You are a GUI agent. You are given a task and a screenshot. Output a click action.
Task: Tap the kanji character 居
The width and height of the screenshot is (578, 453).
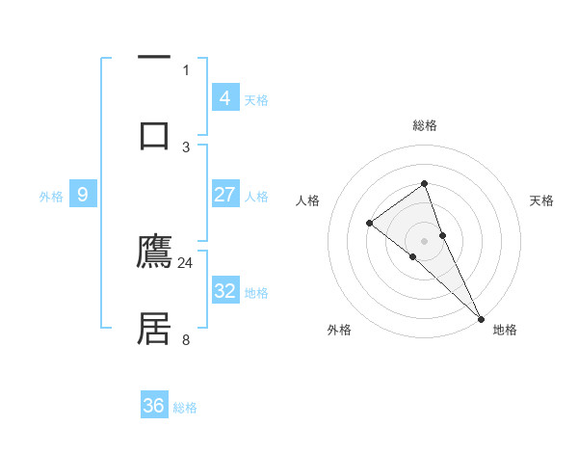155,329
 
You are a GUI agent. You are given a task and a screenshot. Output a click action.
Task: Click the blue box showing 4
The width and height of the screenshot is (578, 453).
224,97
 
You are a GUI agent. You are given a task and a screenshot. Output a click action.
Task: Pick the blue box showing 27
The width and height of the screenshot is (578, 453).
224,195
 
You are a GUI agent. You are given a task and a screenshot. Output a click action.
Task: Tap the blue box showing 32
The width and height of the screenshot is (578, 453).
224,290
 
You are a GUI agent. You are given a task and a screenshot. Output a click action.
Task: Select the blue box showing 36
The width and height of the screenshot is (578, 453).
154,406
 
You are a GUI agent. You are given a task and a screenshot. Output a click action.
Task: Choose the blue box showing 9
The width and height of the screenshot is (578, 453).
83,195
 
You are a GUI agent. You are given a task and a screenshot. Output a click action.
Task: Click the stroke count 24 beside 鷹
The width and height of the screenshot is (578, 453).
186,262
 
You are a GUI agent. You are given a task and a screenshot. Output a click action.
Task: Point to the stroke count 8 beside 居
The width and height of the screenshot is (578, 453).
186,339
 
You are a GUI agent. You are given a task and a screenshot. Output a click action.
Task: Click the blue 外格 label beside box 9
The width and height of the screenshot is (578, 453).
51,196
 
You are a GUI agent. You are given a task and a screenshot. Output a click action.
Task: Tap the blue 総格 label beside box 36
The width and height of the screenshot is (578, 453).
185,408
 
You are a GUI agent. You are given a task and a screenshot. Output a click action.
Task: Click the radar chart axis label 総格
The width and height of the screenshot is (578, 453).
424,125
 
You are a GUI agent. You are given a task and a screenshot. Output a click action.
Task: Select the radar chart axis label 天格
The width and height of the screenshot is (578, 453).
541,200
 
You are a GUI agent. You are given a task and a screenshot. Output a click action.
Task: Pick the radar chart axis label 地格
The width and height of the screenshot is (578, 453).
505,330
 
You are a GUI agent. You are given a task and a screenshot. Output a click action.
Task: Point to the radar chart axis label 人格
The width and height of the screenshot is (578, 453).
307,200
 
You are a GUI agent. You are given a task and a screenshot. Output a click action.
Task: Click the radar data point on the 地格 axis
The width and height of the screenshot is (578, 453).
480,317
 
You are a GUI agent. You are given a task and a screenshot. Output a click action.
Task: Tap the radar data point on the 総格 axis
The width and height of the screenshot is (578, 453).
424,183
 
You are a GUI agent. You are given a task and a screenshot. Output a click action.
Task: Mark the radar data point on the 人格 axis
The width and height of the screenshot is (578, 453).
369,224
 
